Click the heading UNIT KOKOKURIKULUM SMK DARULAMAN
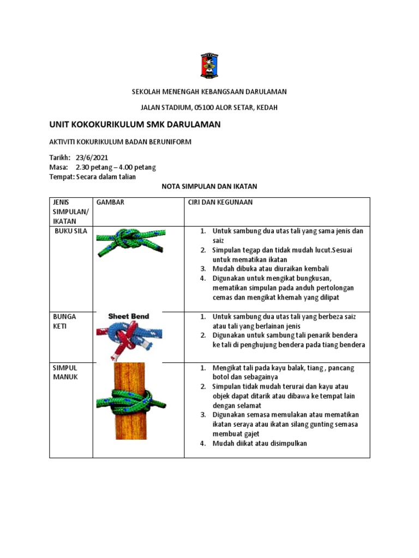point(135,125)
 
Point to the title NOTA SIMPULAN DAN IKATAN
point(209,186)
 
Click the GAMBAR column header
point(110,202)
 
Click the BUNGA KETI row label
point(64,321)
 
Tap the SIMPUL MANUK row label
point(65,372)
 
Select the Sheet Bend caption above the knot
point(128,316)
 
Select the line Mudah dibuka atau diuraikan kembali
point(271,269)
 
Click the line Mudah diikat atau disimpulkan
point(260,443)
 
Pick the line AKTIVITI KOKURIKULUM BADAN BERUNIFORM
point(121,142)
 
